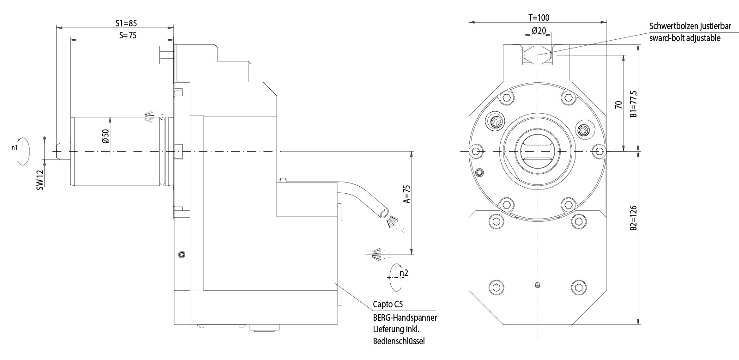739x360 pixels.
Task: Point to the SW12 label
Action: pos(40,179)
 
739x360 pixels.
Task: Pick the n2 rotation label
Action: pos(403,273)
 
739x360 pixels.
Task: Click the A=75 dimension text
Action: pos(406,194)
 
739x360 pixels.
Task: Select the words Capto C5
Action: pos(388,305)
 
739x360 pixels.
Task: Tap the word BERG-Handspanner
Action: pos(405,318)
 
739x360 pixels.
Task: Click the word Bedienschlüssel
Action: pos(399,342)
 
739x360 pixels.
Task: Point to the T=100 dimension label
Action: pos(539,18)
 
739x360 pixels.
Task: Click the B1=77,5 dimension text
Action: pos(634,104)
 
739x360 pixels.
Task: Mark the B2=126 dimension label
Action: pos(634,218)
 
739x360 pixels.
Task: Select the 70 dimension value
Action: pos(618,104)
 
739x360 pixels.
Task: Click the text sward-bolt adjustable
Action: pos(684,38)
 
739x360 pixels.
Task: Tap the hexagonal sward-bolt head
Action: pos(538,55)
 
